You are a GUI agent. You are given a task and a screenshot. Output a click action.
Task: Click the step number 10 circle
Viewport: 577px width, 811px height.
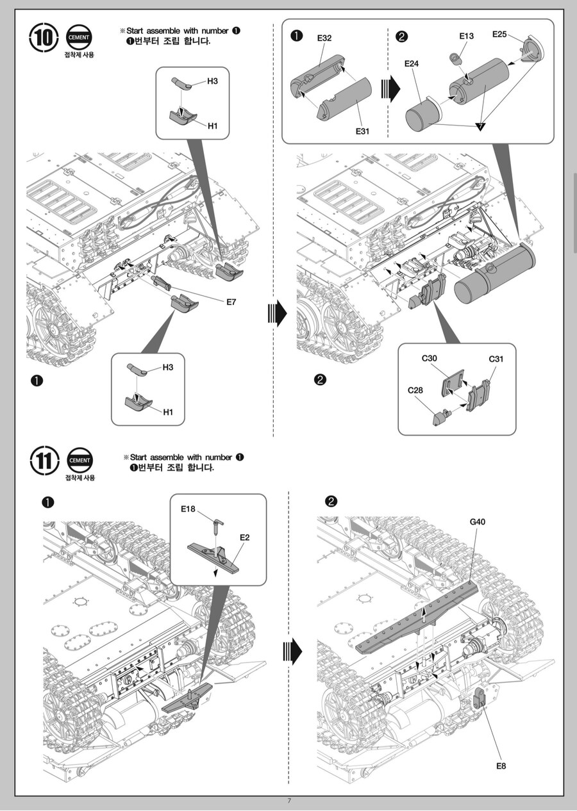(44, 38)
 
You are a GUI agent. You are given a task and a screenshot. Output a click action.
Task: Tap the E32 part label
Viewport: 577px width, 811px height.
(324, 38)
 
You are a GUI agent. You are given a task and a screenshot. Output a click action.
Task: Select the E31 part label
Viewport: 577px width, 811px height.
(363, 131)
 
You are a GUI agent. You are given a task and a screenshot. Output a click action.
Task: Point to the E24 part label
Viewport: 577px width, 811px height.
(412, 63)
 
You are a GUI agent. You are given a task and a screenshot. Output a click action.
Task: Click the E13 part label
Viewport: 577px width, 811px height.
(467, 36)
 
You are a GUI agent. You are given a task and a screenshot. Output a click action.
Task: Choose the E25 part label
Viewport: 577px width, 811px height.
(500, 34)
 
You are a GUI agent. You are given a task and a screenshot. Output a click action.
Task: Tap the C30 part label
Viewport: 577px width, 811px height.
(429, 358)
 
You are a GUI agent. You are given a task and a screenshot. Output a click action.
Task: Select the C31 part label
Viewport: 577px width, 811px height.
(496, 359)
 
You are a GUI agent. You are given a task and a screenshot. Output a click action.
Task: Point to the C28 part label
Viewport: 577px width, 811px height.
(415, 389)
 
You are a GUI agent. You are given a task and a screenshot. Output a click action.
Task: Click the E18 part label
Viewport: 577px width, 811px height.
(188, 509)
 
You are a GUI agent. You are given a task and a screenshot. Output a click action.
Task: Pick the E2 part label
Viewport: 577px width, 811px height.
(244, 537)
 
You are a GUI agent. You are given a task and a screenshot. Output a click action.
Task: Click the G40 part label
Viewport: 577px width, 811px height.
(477, 521)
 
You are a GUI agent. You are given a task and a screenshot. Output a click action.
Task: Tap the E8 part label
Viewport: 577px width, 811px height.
(501, 766)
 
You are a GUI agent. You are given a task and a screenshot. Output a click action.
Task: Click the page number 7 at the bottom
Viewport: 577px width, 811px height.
(289, 801)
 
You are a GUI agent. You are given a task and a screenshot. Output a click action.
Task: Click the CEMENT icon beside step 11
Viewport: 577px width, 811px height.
(79, 460)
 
